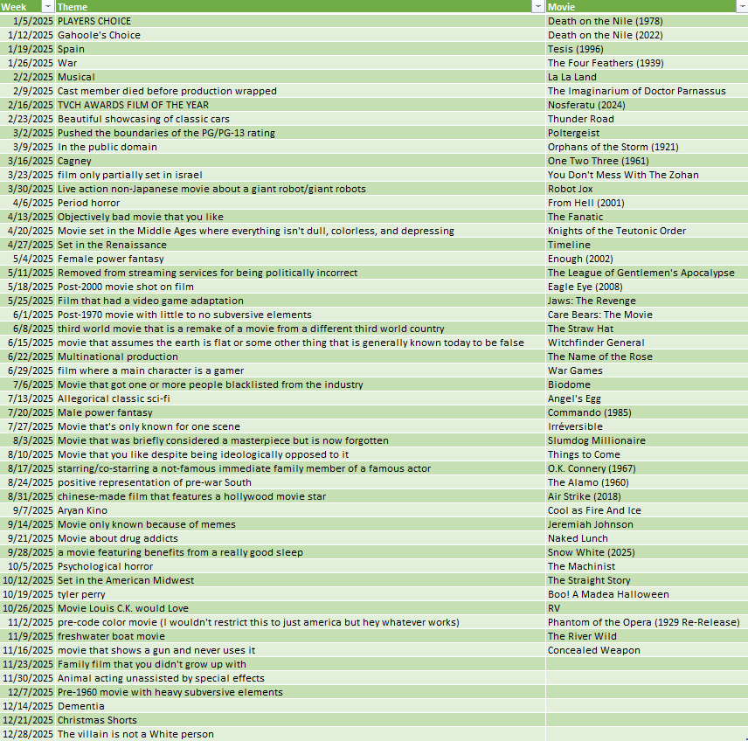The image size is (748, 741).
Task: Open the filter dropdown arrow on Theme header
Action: (538, 7)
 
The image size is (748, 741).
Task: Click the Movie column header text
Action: (561, 7)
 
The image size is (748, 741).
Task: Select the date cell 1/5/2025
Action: (33, 21)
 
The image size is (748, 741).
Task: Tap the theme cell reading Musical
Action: (76, 77)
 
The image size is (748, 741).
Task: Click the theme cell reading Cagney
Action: (74, 161)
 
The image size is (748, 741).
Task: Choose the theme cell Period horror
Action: (89, 203)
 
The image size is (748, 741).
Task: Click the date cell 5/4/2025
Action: (33, 259)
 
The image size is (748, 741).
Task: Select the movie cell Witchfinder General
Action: (596, 343)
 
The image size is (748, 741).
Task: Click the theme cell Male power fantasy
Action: (105, 412)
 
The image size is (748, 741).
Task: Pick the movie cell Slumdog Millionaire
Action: (597, 440)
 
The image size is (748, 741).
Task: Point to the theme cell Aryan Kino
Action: (83, 510)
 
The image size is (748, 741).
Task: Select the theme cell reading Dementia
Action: (81, 706)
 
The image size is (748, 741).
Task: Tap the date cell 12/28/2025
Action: (28, 734)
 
